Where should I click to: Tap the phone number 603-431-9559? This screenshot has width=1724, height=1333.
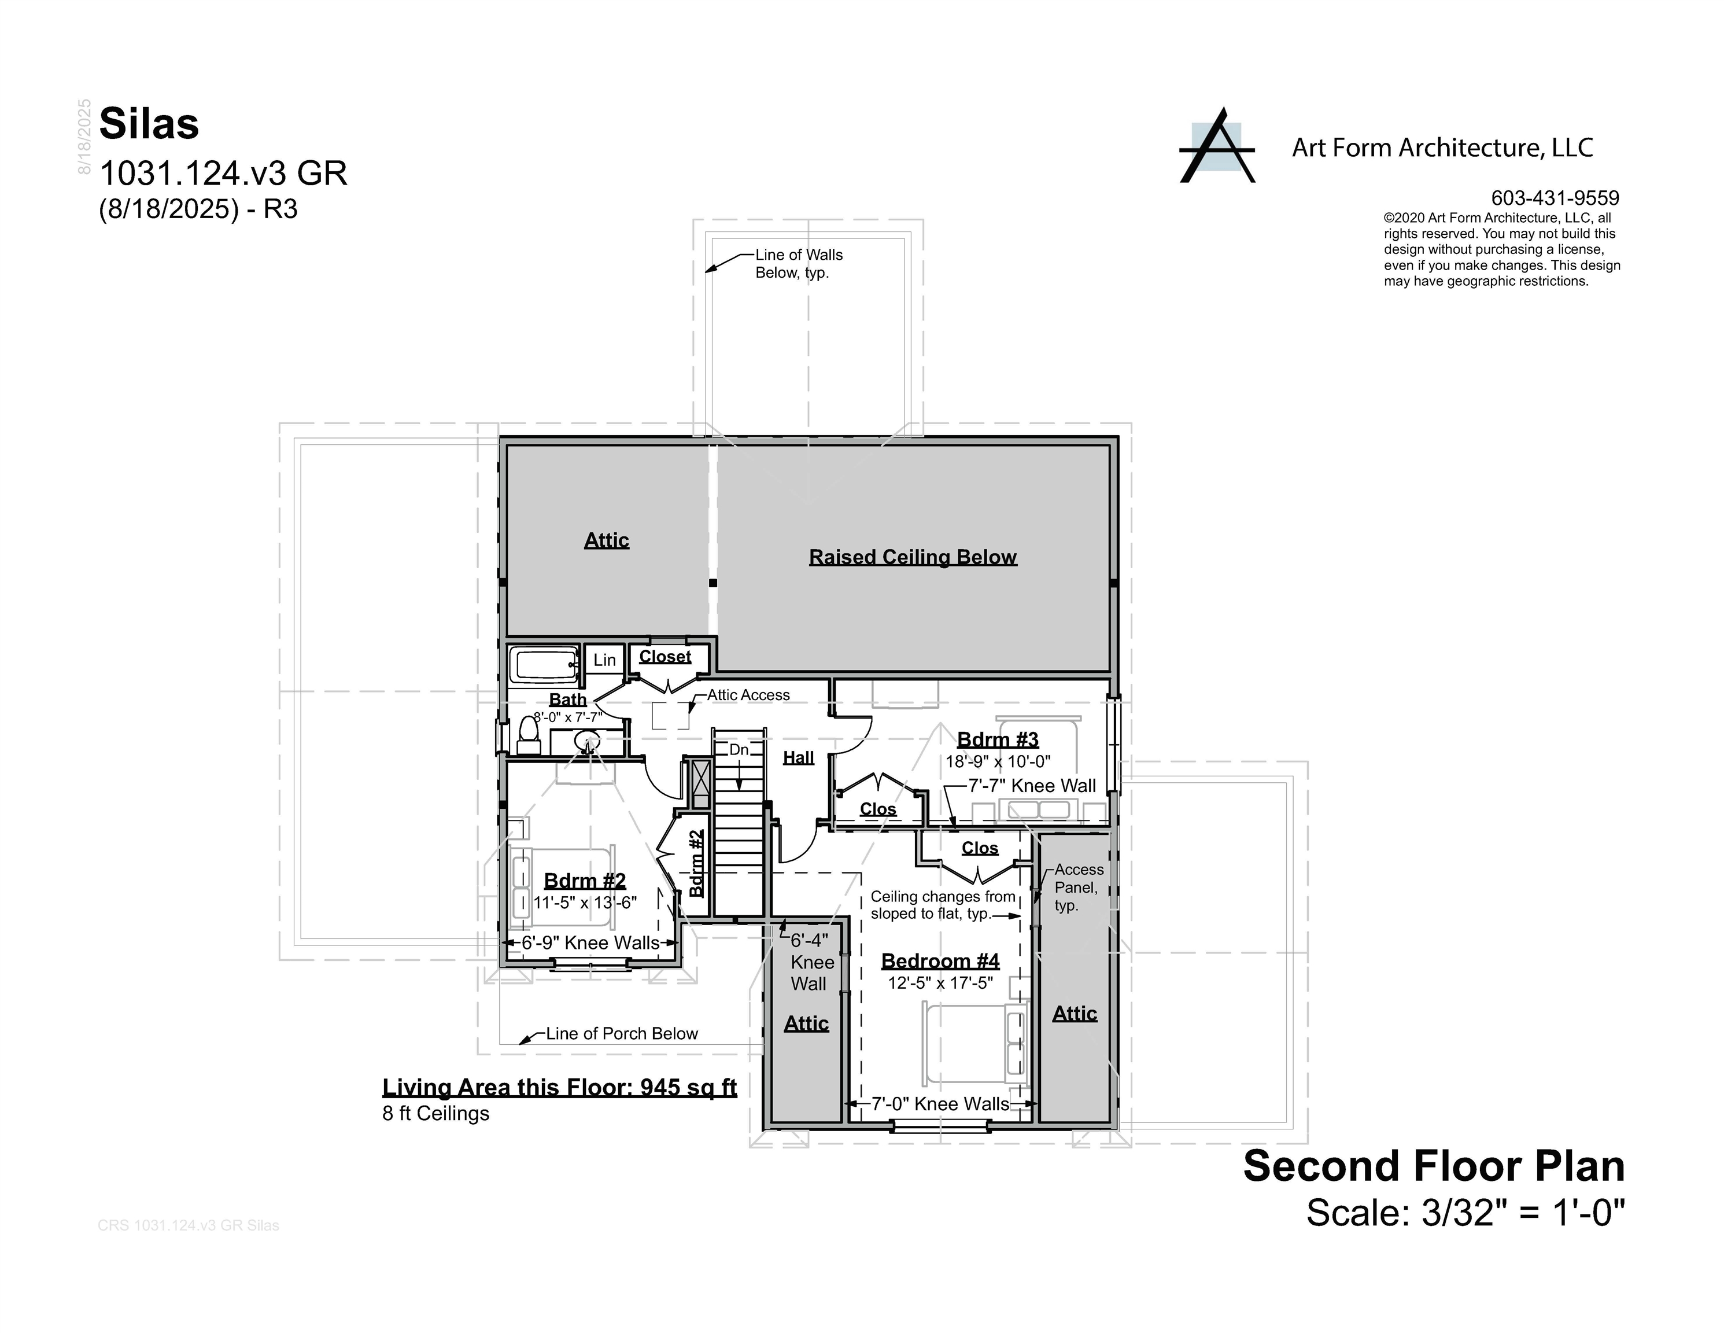click(x=1555, y=198)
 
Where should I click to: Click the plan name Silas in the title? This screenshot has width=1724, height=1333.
click(x=149, y=124)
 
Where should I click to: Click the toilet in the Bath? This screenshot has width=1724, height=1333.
click(x=528, y=737)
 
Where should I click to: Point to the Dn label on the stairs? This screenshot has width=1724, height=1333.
click(x=739, y=749)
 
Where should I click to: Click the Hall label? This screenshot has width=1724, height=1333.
click(x=798, y=758)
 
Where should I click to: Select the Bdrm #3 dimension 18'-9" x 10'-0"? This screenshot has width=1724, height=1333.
click(x=998, y=762)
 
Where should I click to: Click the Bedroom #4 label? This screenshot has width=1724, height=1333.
click(x=940, y=961)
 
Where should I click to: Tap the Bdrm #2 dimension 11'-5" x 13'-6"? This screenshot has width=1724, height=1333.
click(x=585, y=903)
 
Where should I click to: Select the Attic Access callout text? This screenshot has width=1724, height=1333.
click(x=748, y=695)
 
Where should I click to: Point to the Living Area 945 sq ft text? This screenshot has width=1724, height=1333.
click(x=559, y=1088)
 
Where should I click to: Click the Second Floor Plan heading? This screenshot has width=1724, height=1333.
click(x=1434, y=1167)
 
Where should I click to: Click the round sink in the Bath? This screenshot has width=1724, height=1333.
click(x=586, y=741)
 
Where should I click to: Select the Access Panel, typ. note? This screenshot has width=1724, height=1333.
click(x=1077, y=887)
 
